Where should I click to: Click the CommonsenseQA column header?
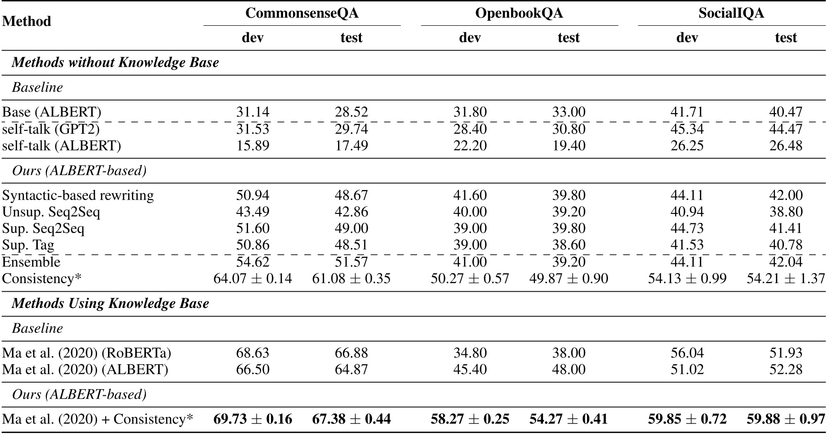tap(302, 13)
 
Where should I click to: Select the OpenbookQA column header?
tap(519, 13)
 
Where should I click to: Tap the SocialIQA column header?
tap(731, 13)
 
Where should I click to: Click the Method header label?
tap(27, 21)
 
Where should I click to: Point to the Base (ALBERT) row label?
tap(52, 112)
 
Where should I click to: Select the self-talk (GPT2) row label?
tap(51, 129)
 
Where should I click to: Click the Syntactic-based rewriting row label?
tap(78, 195)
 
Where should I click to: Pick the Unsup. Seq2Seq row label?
tap(51, 212)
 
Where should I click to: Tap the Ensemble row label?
tap(31, 262)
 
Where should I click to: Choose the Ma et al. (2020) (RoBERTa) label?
tap(87, 353)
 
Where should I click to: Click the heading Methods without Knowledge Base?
tap(115, 63)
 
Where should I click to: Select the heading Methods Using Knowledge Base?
tap(110, 304)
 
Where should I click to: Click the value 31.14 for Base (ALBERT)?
tap(252, 112)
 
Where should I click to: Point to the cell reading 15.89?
tap(252, 146)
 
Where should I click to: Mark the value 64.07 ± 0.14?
tap(252, 278)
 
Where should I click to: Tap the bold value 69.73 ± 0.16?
tap(252, 419)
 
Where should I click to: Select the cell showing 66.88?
tap(351, 353)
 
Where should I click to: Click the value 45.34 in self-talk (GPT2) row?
tap(687, 129)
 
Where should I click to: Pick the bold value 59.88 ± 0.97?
tap(786, 419)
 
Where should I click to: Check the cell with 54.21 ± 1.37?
tap(786, 278)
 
